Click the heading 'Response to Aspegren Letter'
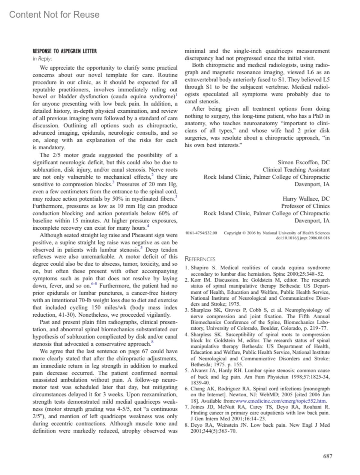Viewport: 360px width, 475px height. click(x=64, y=51)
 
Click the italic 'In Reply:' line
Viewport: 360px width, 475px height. click(x=42, y=59)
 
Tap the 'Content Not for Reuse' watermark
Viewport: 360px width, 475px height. click(x=54, y=14)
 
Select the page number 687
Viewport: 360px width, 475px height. click(x=328, y=456)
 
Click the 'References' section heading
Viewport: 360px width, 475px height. click(x=200, y=259)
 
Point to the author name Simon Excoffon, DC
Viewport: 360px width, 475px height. click(x=303, y=162)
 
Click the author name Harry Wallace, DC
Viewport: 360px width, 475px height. click(x=306, y=199)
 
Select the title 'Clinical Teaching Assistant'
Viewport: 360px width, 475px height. click(x=296, y=169)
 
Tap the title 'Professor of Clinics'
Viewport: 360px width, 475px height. click(x=305, y=206)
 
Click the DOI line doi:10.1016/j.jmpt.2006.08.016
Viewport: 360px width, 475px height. click(x=303, y=238)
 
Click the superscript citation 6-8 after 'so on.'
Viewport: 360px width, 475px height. click(x=94, y=283)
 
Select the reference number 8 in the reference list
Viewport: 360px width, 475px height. click(x=187, y=425)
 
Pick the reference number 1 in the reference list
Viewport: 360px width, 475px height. click(x=187, y=268)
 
